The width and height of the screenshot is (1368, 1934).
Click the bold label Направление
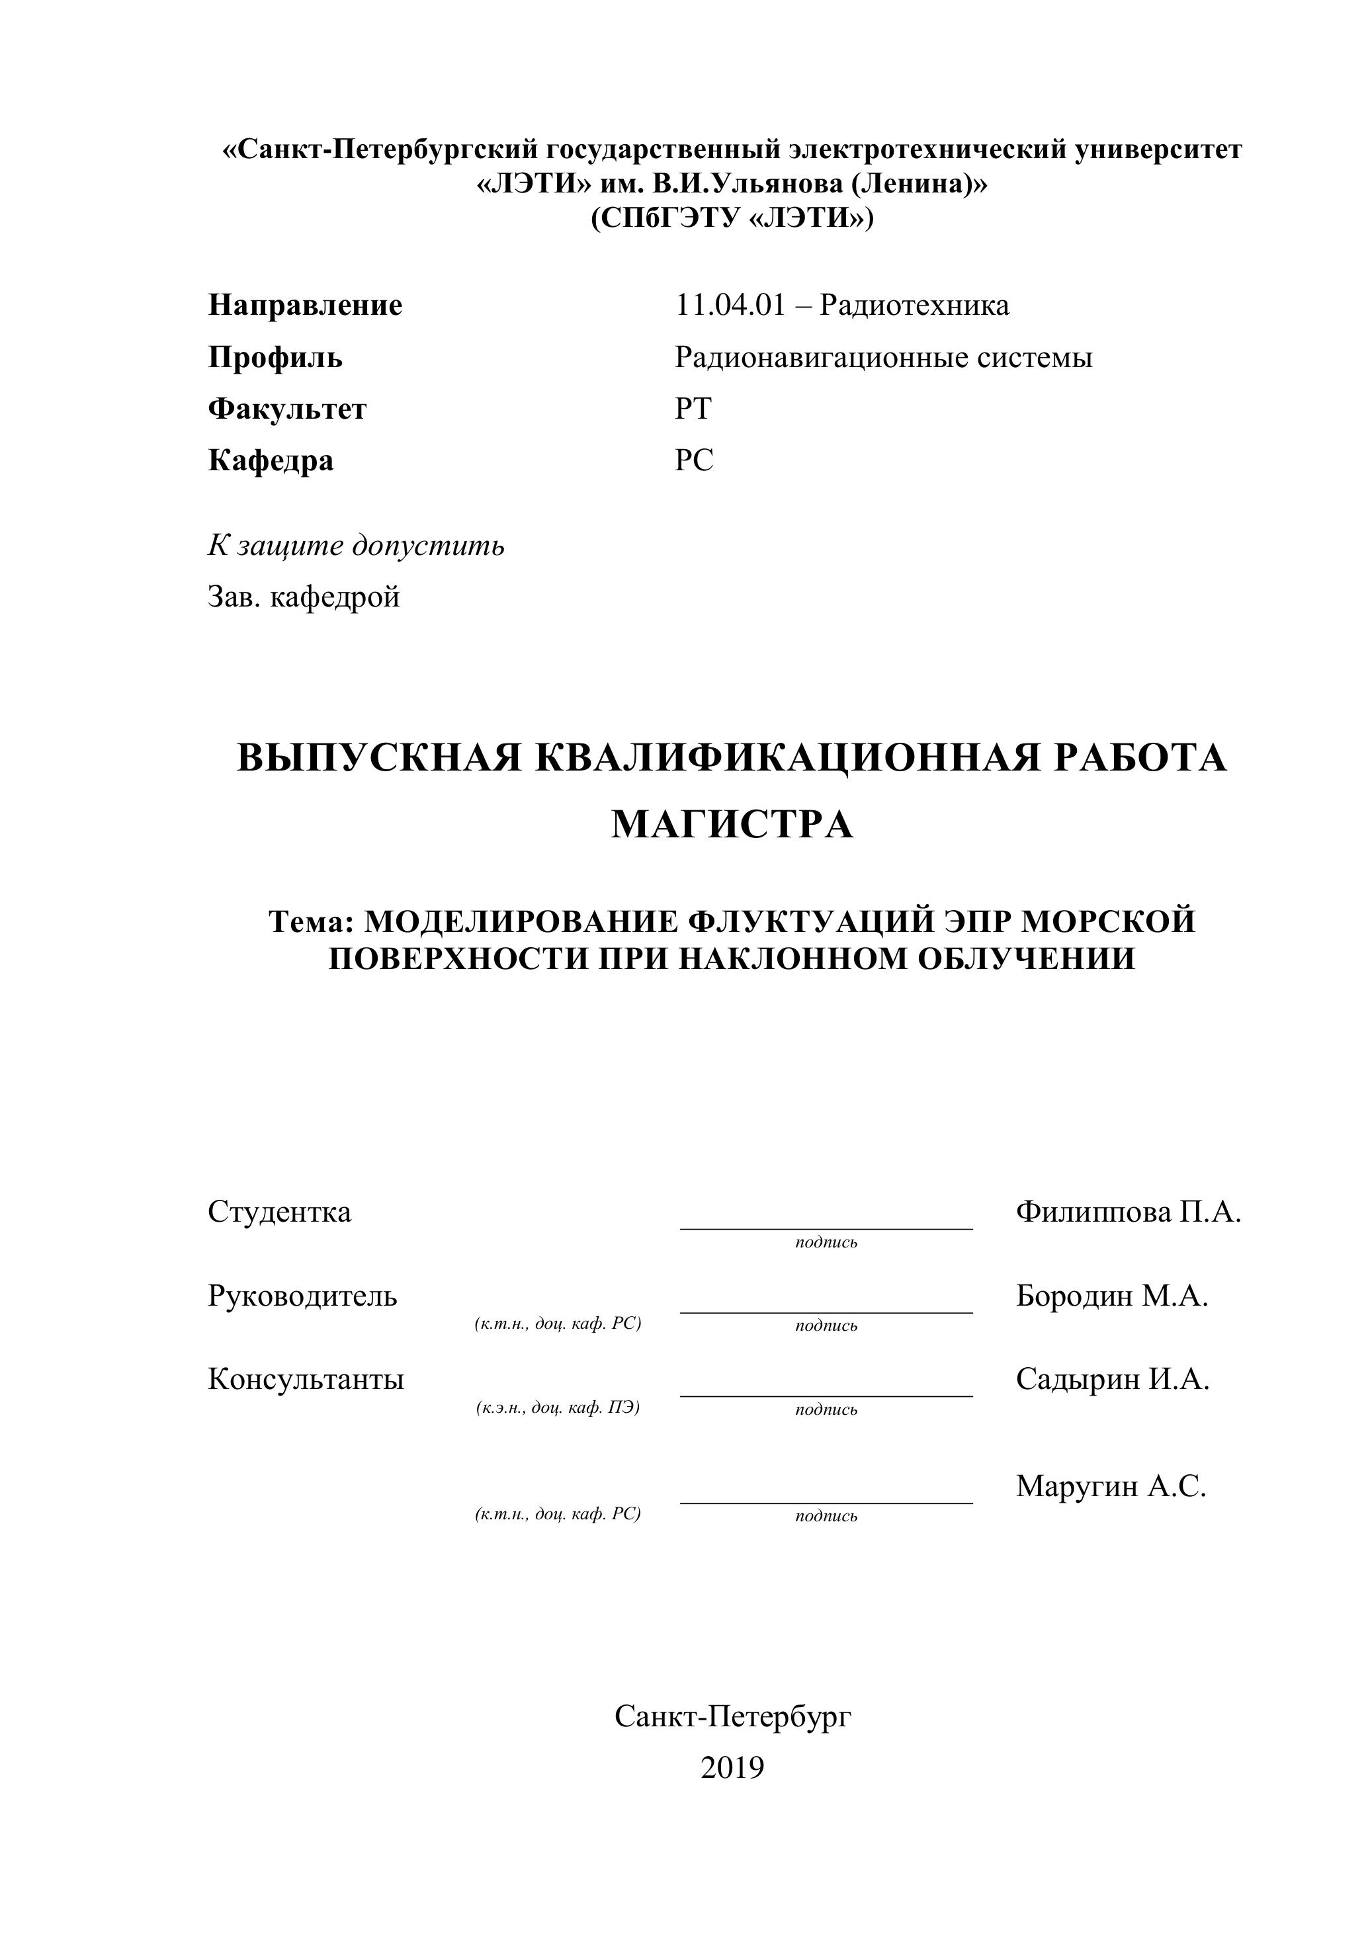[305, 305]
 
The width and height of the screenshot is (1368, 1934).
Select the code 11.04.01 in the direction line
[730, 305]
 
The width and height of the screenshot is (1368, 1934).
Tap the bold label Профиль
[275, 357]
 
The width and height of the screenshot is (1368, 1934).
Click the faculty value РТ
[693, 409]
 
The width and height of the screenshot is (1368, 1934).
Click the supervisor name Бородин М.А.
[1111, 1296]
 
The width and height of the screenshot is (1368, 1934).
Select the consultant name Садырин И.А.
[1112, 1379]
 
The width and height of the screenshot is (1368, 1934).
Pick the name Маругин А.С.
[1110, 1486]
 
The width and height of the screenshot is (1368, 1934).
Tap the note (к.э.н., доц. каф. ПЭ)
[558, 1408]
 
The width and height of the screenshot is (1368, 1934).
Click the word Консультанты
[306, 1379]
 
